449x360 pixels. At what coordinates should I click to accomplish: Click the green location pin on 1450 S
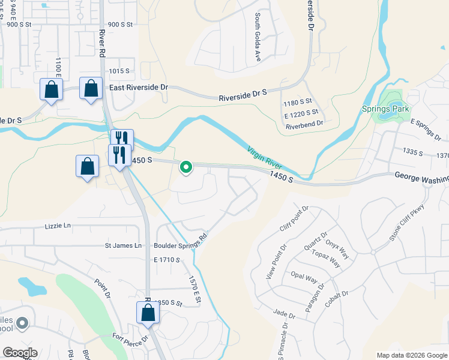coord(186,167)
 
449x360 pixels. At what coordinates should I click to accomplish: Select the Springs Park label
coord(385,109)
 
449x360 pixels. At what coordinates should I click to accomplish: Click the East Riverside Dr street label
coord(139,87)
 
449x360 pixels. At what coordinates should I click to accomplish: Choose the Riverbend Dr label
coord(304,124)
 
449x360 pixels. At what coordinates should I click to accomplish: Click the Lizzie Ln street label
coord(58,226)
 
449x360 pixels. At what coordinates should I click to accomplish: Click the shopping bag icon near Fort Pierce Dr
coord(147,313)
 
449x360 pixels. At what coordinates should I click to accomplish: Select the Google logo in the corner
coord(20,353)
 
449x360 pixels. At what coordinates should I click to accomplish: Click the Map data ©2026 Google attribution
coord(412,355)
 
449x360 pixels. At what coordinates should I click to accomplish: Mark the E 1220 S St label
coord(301,113)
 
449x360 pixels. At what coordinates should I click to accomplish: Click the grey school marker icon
coord(22,324)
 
